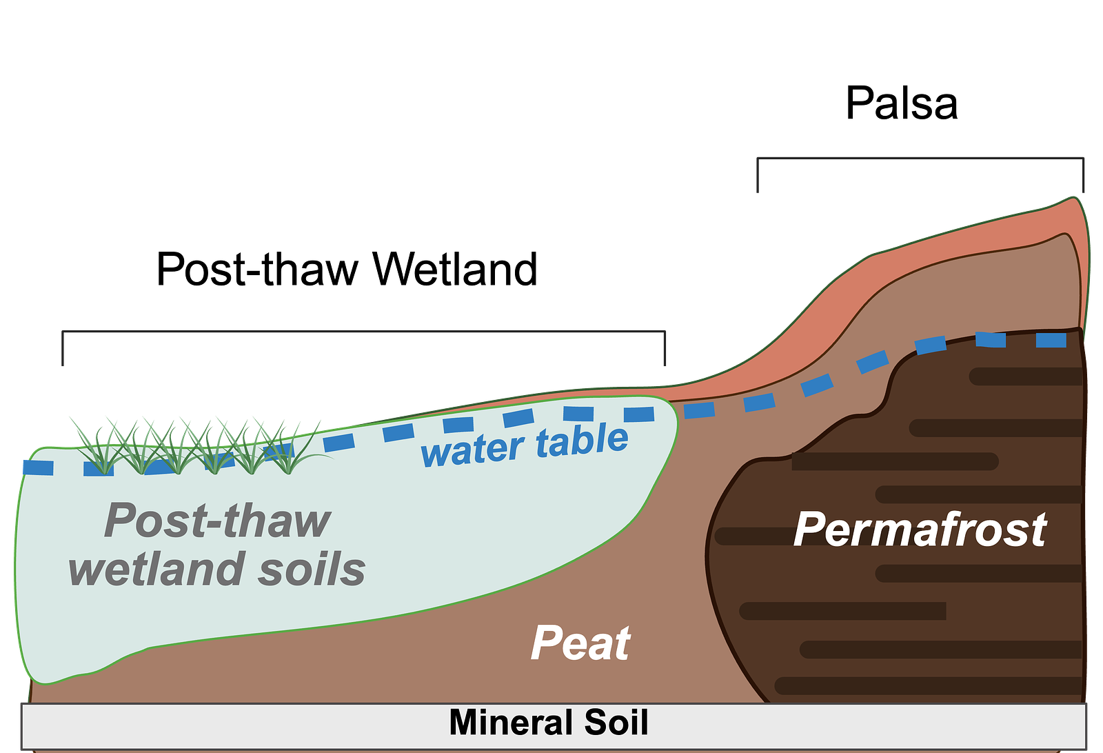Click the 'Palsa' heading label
pyautogui.click(x=902, y=103)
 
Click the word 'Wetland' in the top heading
pyautogui.click(x=454, y=269)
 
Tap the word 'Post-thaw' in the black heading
pyautogui.click(x=257, y=269)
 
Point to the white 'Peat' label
pyautogui.click(x=580, y=643)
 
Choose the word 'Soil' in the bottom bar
pyautogui.click(x=616, y=723)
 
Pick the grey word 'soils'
pyautogui.click(x=312, y=570)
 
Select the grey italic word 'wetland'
pyautogui.click(x=157, y=570)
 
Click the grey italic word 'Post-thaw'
pyautogui.click(x=217, y=521)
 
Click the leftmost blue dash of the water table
pyautogui.click(x=39, y=468)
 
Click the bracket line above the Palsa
pyautogui.click(x=920, y=158)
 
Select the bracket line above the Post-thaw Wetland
pyautogui.click(x=363, y=332)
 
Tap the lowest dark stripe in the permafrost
pyautogui.click(x=928, y=686)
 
